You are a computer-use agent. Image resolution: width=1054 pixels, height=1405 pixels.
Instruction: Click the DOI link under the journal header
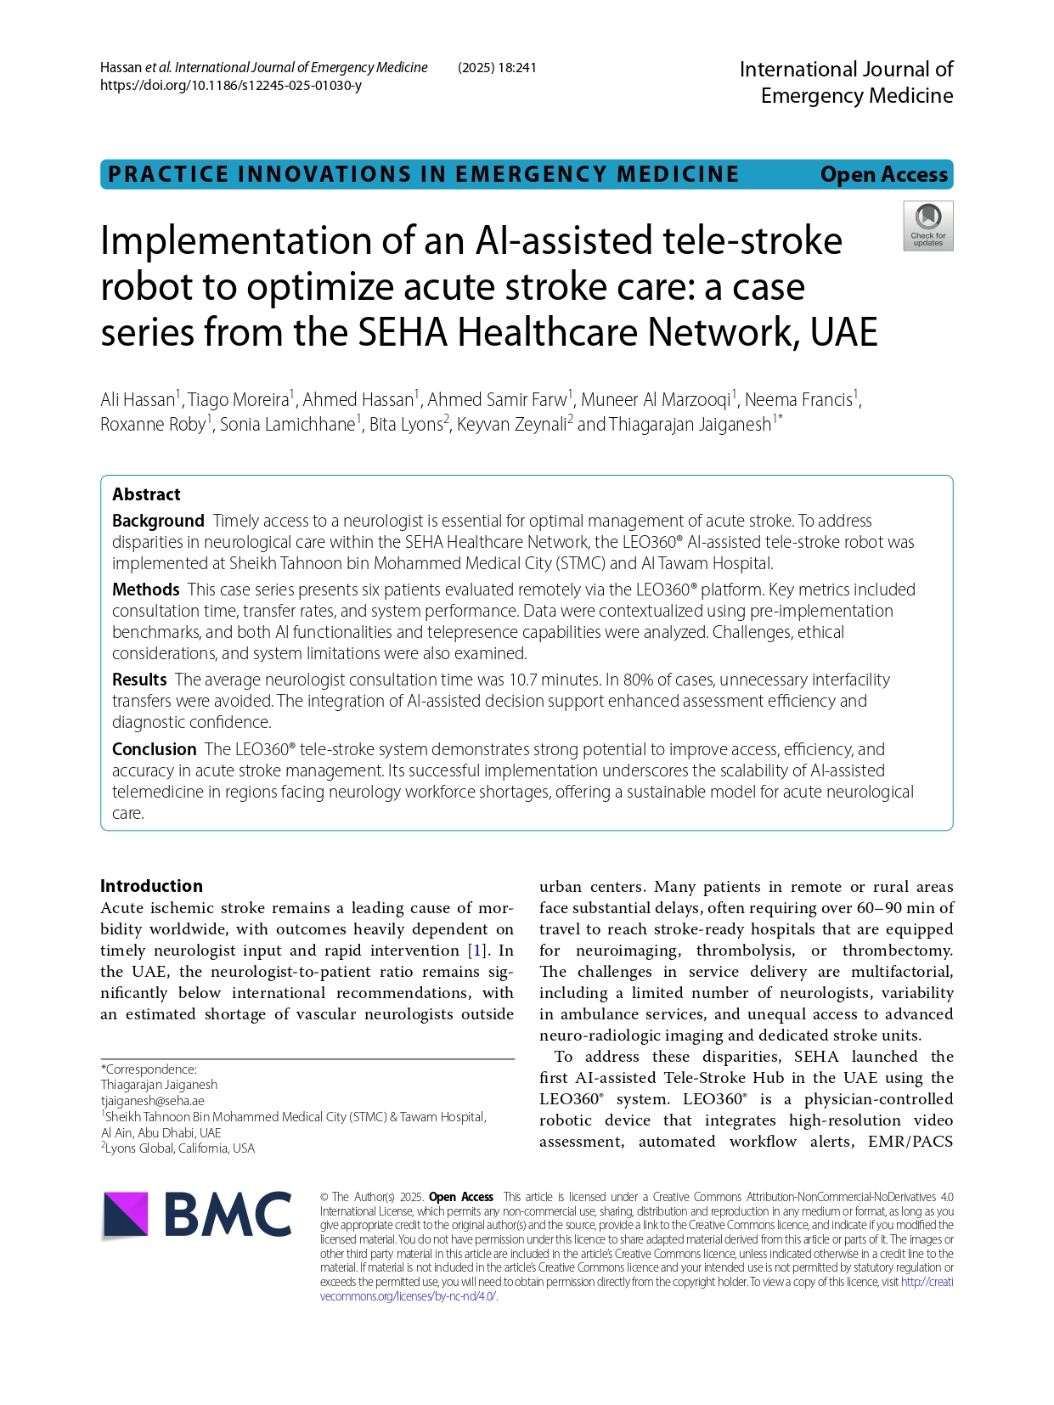click(230, 86)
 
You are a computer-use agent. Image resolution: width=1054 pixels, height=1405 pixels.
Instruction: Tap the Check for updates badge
click(927, 226)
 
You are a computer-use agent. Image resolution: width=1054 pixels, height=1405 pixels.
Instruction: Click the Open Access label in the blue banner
click(883, 174)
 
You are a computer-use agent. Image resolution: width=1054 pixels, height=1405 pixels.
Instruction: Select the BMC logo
click(197, 1215)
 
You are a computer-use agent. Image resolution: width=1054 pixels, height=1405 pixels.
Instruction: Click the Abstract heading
click(146, 494)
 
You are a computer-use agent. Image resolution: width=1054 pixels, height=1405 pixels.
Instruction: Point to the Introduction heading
click(151, 886)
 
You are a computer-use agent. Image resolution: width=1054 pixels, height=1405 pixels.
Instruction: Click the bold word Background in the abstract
click(158, 521)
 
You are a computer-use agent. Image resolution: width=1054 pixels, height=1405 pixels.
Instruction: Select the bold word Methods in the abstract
click(145, 590)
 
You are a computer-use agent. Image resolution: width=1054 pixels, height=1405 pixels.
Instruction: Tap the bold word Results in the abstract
click(139, 680)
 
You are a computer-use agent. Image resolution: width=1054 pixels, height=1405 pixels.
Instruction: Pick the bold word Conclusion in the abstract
click(154, 749)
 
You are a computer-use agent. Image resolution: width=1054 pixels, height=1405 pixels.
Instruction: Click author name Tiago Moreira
click(238, 400)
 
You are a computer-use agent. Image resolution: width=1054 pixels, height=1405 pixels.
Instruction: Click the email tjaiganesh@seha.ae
click(152, 1101)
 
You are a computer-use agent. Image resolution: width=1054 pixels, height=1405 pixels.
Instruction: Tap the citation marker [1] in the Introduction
click(479, 951)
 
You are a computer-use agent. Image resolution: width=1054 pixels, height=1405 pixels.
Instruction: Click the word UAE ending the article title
click(843, 332)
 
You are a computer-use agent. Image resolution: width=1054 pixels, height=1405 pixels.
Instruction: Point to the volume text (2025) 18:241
click(497, 68)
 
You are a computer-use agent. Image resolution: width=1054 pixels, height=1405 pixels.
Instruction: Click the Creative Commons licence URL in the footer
click(409, 1296)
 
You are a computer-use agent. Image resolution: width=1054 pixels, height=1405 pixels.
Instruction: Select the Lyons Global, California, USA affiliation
click(179, 1148)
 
